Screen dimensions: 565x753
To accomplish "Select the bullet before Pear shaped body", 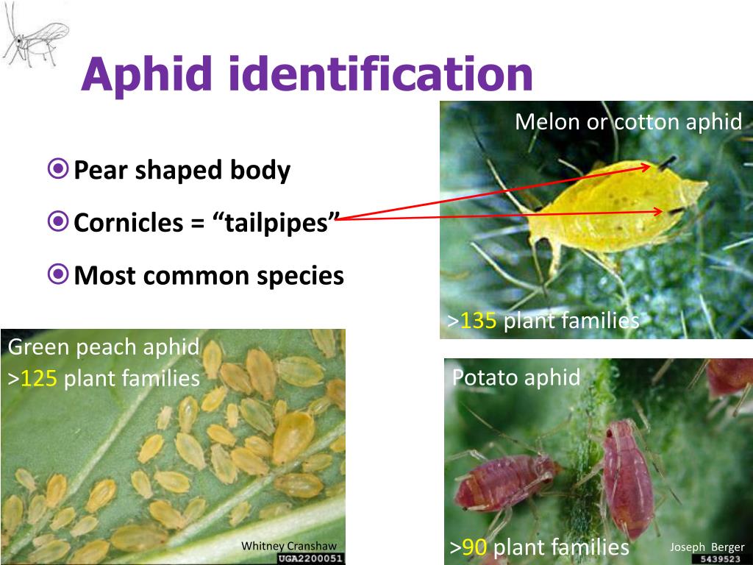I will tap(58, 170).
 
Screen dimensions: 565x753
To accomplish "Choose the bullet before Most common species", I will tap(58, 275).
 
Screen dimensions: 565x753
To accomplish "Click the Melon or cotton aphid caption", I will tap(629, 121).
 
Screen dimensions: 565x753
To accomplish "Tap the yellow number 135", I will tap(479, 321).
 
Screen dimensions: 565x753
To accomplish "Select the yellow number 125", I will tap(39, 378).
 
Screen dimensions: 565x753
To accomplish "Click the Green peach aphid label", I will tap(104, 347).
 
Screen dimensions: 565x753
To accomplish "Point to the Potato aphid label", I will tap(515, 377).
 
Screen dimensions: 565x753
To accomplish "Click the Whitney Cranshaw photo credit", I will tap(289, 545).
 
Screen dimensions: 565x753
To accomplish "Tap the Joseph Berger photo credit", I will tap(707, 547).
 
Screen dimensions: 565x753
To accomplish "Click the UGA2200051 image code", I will tap(311, 558).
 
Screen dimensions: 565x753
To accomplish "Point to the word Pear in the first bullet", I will tap(96, 171).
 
